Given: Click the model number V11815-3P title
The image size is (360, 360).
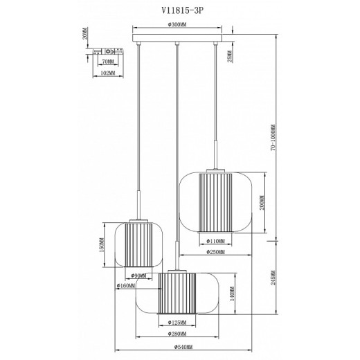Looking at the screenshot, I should [179, 9].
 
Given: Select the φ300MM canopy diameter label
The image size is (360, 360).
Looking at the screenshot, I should [179, 25].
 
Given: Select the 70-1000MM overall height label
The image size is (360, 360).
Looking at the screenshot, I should [273, 138].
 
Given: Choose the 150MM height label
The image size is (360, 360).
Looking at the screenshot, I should [101, 243].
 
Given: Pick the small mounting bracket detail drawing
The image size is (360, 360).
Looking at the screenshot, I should [109, 51].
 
